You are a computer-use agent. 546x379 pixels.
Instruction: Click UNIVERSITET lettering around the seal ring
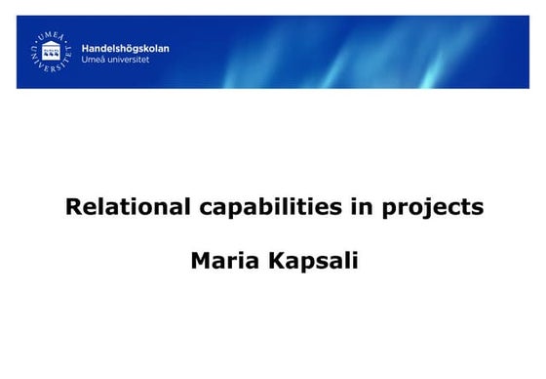click(x=49, y=65)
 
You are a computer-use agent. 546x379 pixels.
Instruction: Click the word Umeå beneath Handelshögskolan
click(x=94, y=58)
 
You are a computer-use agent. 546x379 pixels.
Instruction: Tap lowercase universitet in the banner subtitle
click(x=134, y=58)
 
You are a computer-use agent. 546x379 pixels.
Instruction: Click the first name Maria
click(x=220, y=262)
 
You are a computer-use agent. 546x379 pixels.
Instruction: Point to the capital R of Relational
click(x=72, y=207)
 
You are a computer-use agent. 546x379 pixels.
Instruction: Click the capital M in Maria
click(x=200, y=262)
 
